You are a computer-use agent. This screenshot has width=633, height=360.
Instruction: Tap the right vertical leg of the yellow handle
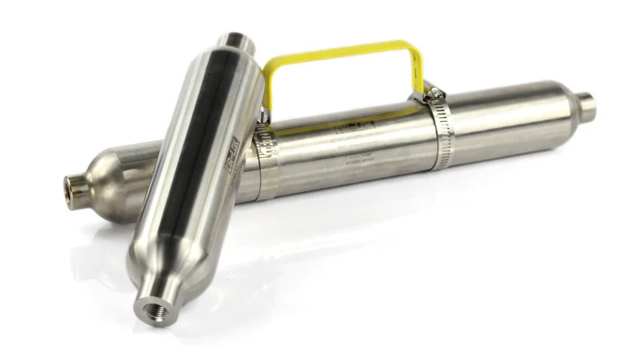click(x=417, y=69)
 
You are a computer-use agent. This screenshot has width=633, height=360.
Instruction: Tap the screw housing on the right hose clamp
click(x=430, y=91)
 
